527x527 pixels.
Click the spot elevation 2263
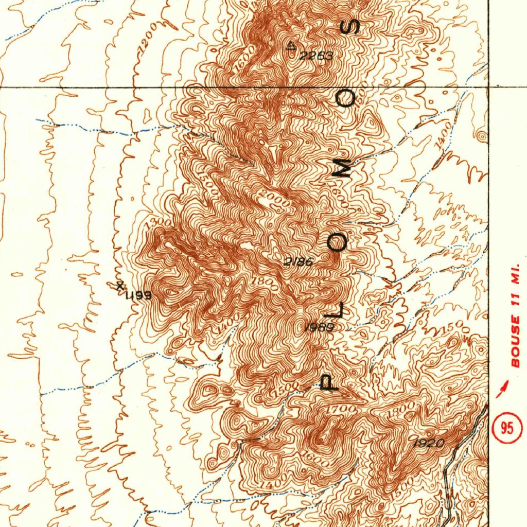tap(317, 56)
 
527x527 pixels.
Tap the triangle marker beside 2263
tap(291, 46)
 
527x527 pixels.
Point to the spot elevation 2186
tap(298, 262)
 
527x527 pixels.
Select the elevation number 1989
tap(320, 327)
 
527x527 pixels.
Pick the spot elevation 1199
tap(137, 295)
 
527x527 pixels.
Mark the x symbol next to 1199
tap(120, 286)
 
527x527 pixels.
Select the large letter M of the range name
tap(342, 168)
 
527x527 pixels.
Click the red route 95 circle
tap(506, 428)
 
